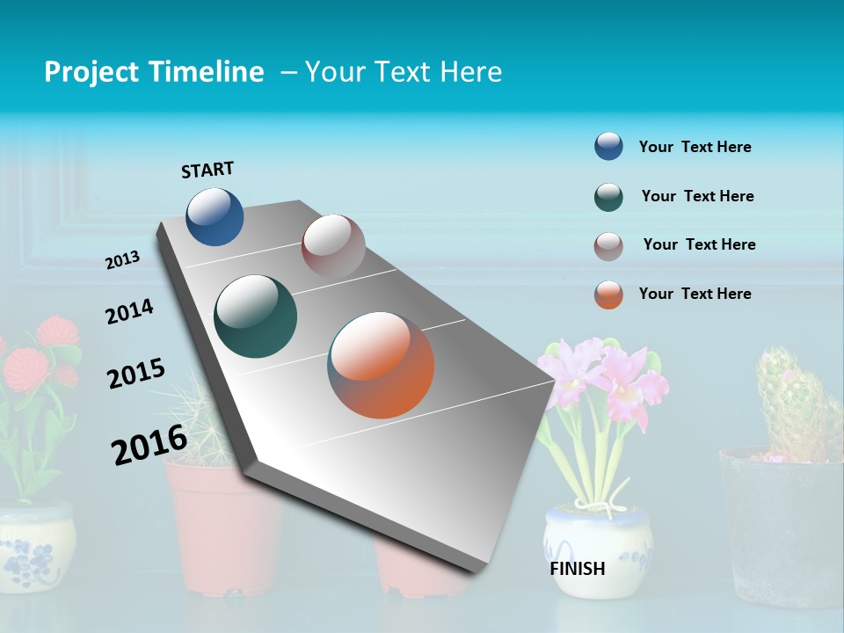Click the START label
[x=207, y=170]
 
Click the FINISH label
[x=578, y=569]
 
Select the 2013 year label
[x=123, y=260]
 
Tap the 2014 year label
[x=129, y=311]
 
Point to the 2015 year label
[x=136, y=374]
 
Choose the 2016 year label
[x=149, y=444]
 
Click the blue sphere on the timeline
[x=215, y=216]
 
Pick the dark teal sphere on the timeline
[x=255, y=316]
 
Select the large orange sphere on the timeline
[x=381, y=365]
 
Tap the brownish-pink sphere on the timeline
[x=333, y=246]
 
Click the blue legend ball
[x=608, y=147]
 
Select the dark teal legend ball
[x=608, y=197]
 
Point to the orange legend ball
[x=608, y=295]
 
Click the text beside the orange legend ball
[x=695, y=294]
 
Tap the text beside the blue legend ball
[x=695, y=147]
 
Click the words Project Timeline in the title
[x=154, y=72]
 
